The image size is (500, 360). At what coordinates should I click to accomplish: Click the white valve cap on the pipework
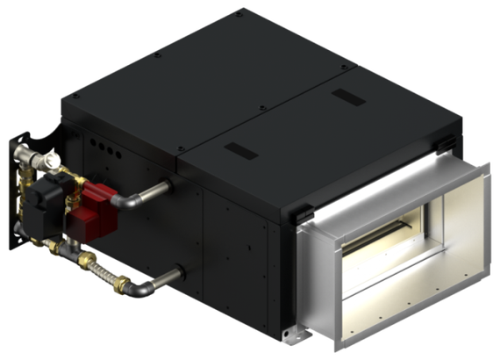tap(54, 161)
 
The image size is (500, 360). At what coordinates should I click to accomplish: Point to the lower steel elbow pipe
tap(149, 283)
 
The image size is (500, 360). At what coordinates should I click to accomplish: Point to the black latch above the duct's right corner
tap(446, 140)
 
